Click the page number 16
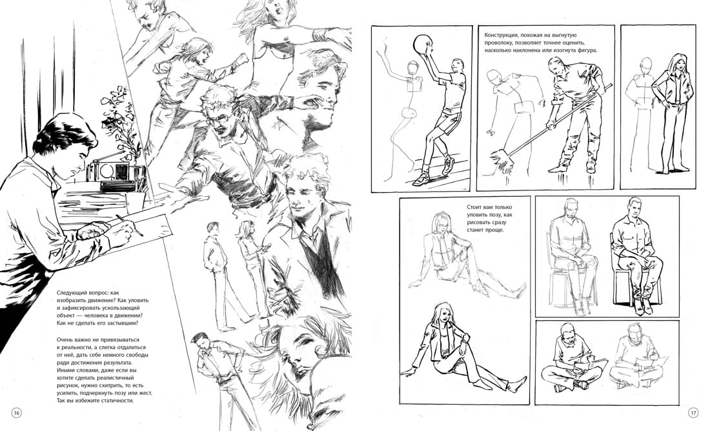pos(17,413)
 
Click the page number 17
pos(693,413)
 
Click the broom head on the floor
pos(501,159)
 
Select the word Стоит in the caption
pos(475,207)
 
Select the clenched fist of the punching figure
pos(242,60)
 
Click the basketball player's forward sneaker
pos(421,179)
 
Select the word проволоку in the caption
pos(498,43)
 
